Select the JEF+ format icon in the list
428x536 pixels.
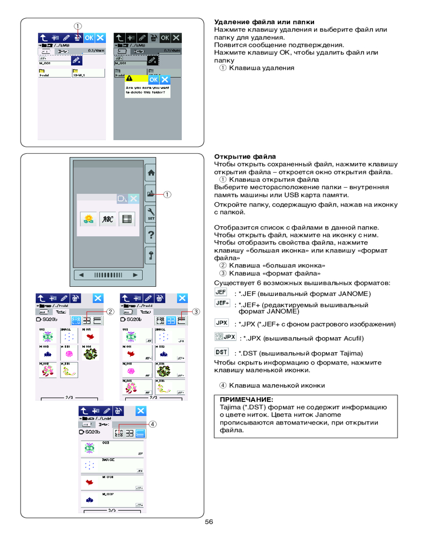pos(222,303)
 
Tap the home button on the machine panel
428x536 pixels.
pos(151,173)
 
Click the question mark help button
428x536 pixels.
pos(151,234)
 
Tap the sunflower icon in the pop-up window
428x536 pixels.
pos(88,218)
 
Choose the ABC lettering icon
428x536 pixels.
pos(107,218)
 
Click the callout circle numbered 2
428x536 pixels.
pos(110,311)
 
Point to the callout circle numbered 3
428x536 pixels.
pos(196,311)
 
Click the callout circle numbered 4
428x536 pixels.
pos(153,423)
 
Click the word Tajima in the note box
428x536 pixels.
pos(225,407)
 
